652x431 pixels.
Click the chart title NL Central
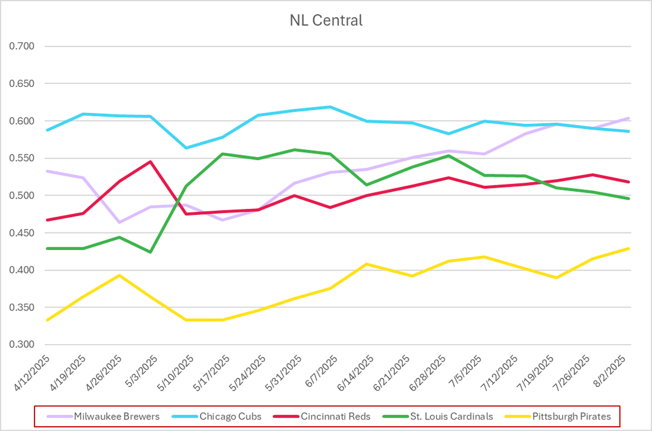(x=326, y=21)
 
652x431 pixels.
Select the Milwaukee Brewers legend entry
(x=117, y=416)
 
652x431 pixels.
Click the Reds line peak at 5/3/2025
(x=150, y=162)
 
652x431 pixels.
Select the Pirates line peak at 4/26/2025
(x=120, y=275)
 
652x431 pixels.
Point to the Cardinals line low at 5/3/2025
(x=150, y=252)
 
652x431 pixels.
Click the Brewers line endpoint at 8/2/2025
(x=629, y=118)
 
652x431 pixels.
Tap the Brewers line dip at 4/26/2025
(x=120, y=222)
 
